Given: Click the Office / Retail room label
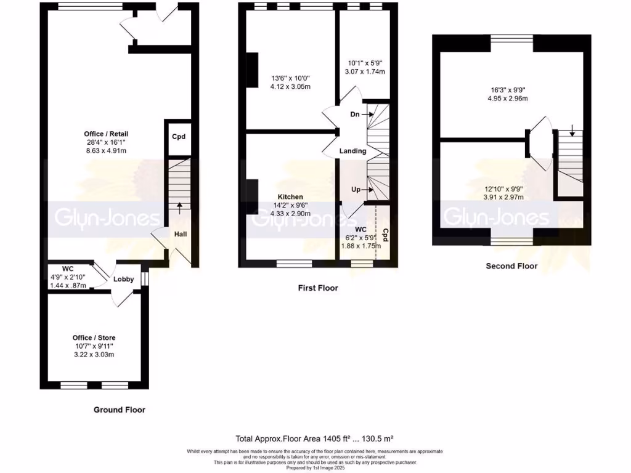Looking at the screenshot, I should pyautogui.click(x=107, y=134).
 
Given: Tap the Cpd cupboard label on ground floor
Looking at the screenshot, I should pyautogui.click(x=179, y=137).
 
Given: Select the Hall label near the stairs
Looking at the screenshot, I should pyautogui.click(x=181, y=234).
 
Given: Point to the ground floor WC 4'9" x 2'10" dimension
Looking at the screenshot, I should pyautogui.click(x=69, y=277).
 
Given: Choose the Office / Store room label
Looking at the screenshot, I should pyautogui.click(x=94, y=338).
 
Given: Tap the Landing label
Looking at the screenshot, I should pyautogui.click(x=352, y=151).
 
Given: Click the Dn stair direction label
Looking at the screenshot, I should pyautogui.click(x=355, y=115).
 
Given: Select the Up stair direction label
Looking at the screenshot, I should pyautogui.click(x=356, y=190).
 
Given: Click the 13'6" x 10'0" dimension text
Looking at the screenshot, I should pyautogui.click(x=290, y=78).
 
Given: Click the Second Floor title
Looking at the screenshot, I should pyautogui.click(x=511, y=266).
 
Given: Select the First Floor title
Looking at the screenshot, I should pyautogui.click(x=317, y=288).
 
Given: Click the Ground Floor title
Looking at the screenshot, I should pyautogui.click(x=120, y=410).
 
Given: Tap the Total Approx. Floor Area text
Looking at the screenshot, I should pyautogui.click(x=315, y=439).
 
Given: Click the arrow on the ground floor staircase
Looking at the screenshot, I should pyautogui.click(x=180, y=207).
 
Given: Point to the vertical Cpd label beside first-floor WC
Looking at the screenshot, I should pyautogui.click(x=386, y=236).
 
